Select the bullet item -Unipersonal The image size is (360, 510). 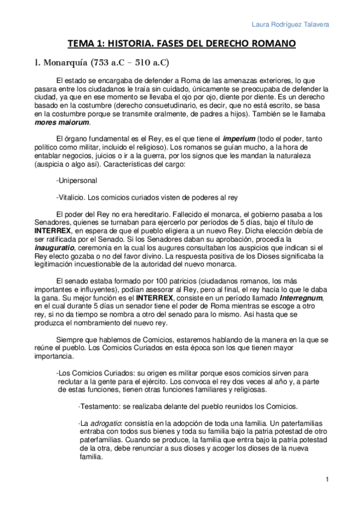(x=76, y=179)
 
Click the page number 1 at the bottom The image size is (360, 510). (x=326, y=479)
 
